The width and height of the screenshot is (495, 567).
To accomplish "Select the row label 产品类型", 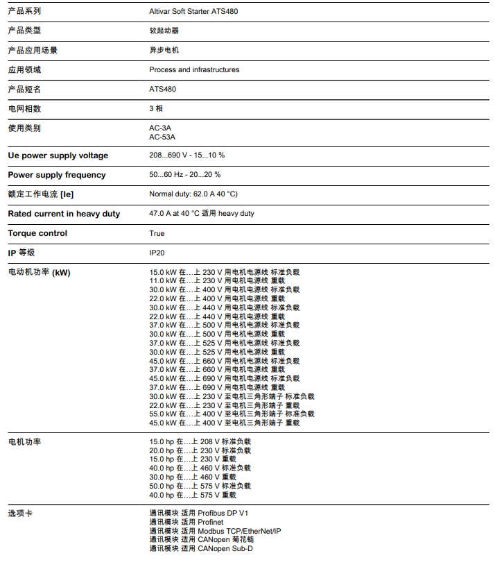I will tap(24, 31).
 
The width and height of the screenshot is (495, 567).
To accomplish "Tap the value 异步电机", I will tap(164, 50).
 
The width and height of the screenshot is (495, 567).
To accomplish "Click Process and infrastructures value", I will tap(194, 69).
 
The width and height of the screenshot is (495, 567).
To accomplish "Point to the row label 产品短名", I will tap(24, 89).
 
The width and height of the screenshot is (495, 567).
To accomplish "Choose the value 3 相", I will tap(156, 108).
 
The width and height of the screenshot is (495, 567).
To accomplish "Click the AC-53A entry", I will tap(162, 137).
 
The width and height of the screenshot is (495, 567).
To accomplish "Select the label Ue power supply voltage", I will tap(58, 155).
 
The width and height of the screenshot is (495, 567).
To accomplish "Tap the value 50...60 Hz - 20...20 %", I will tap(185, 175).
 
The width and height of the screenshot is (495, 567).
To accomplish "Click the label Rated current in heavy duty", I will tap(64, 214).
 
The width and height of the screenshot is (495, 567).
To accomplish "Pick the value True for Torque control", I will tap(157, 233).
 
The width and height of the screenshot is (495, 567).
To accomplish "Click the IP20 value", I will tap(157, 253).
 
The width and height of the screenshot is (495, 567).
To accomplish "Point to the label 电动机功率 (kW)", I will tap(39, 272).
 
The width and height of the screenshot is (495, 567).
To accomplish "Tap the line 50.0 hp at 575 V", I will tap(200, 486).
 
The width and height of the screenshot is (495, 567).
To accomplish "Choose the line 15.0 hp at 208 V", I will tap(200, 441).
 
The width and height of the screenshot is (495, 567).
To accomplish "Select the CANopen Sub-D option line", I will tap(201, 549).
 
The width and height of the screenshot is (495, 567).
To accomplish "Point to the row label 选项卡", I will tap(20, 514).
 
